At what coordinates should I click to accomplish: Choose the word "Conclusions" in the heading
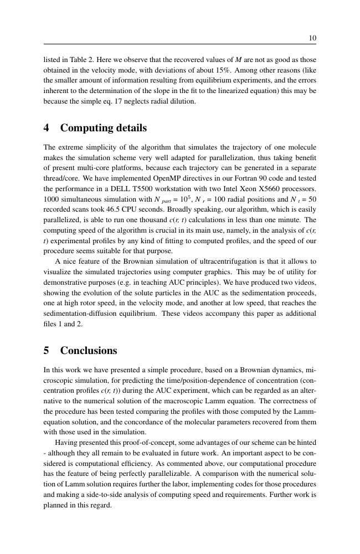point(89,351)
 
